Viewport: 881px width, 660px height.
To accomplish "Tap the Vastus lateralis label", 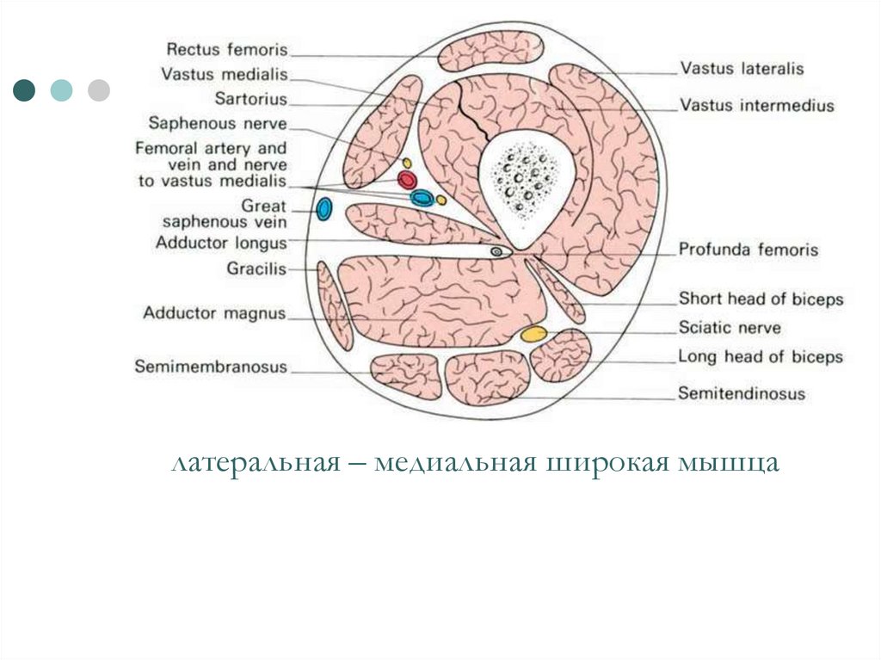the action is pos(742,68).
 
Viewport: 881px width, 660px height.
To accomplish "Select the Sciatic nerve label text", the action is pos(730,328).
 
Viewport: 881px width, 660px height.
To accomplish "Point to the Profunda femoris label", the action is pos(749,250).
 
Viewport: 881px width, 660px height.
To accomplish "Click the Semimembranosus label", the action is pos(211,367).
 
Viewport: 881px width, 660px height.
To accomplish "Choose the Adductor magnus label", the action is pos(214,313).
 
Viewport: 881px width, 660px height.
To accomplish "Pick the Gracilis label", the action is pos(256,269).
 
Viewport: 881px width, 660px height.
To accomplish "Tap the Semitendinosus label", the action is pos(742,394).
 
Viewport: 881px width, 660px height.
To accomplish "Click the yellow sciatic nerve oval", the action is pos(533,333).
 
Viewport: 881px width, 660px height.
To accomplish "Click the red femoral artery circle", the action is pos(407,180).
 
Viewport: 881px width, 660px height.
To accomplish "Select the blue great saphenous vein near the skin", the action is pos(324,209).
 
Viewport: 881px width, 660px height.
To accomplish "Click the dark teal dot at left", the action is pos(24,89).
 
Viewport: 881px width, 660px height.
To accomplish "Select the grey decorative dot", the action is pos(99,89).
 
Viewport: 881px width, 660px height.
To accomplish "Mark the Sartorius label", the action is pos(251,99).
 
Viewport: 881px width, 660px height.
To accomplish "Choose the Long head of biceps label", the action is pos(761,356).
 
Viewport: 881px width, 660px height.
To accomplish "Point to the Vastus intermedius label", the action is pos(757,106).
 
